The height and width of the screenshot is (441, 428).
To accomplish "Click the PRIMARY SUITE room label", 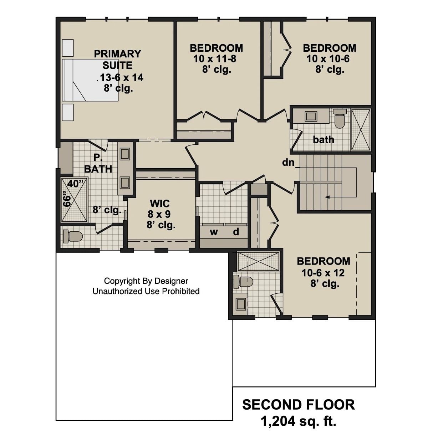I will pyautogui.click(x=117, y=60).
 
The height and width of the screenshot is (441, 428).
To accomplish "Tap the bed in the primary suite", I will pyautogui.click(x=90, y=80).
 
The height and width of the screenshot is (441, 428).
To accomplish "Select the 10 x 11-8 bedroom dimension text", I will pyautogui.click(x=215, y=59).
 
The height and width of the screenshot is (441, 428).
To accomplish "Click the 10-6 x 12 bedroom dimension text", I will pyautogui.click(x=323, y=273).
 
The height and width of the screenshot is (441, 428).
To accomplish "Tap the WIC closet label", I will pyautogui.click(x=160, y=204).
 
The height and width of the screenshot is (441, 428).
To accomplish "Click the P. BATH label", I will pyautogui.click(x=98, y=163).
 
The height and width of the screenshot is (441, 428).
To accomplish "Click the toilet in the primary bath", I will pyautogui.click(x=72, y=236).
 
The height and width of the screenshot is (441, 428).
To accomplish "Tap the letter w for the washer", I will pyautogui.click(x=214, y=232).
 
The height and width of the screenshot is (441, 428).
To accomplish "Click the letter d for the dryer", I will pyautogui.click(x=236, y=232).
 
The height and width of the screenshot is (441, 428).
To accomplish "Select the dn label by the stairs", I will pyautogui.click(x=289, y=163).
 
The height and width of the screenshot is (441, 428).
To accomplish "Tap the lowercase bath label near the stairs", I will pyautogui.click(x=323, y=139).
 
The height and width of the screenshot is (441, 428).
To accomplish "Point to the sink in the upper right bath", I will pyautogui.click(x=311, y=116).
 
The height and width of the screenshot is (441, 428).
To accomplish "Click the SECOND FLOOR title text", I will pyautogui.click(x=298, y=405).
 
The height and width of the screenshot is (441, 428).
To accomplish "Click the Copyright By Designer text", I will pyautogui.click(x=146, y=281).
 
